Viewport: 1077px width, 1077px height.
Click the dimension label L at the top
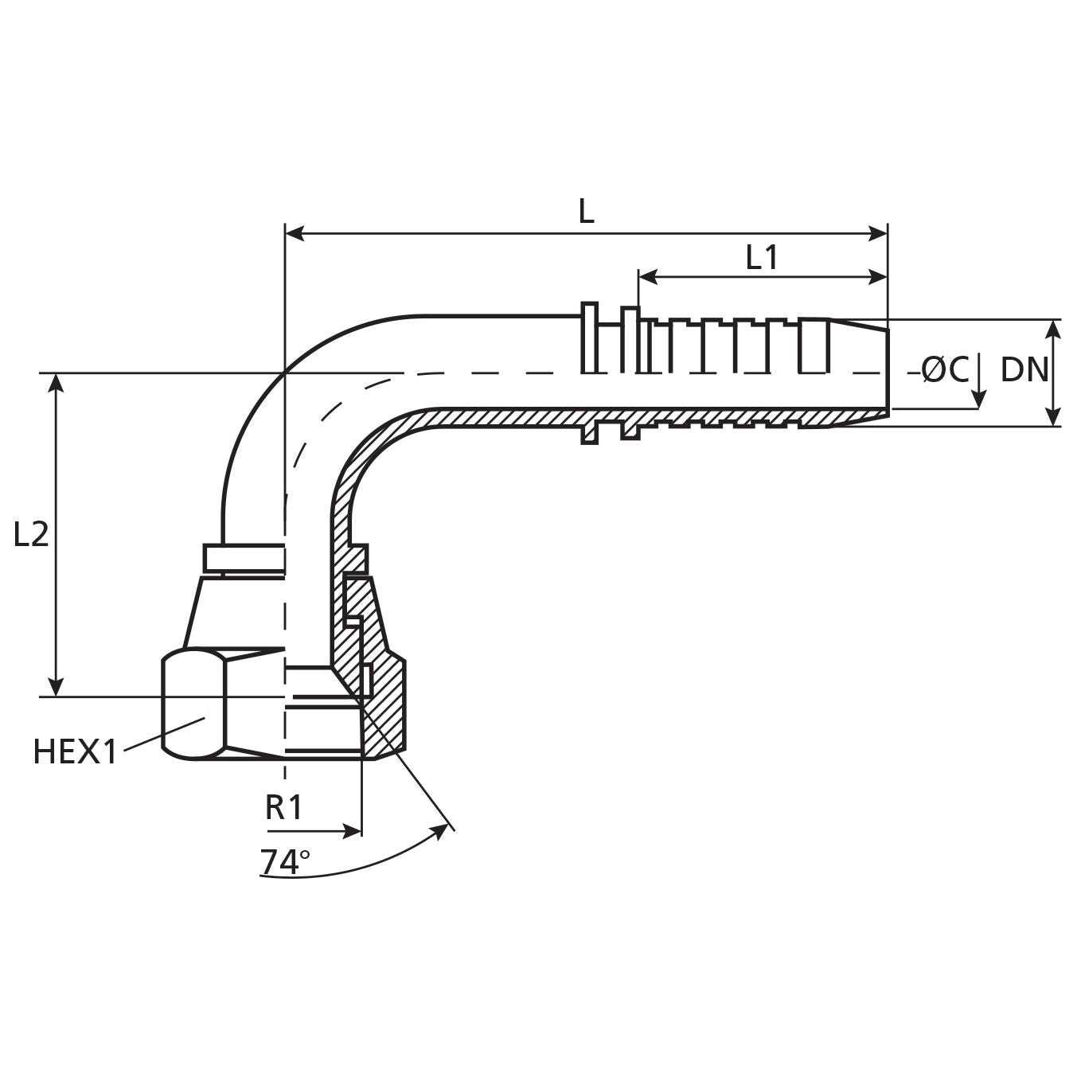586,212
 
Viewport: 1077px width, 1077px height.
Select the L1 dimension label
761,257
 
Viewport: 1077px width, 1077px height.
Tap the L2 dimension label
31,534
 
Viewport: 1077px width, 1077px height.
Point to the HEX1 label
75,751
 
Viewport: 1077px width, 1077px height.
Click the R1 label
283,807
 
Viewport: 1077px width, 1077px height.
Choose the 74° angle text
284,862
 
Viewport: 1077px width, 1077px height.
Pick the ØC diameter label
945,369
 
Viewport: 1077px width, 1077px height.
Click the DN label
1024,369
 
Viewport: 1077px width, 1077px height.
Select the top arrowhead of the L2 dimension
56,382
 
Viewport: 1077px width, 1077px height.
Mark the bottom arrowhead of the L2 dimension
56,687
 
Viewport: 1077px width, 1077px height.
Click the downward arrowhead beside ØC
979,399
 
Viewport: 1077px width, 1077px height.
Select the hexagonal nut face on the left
193,704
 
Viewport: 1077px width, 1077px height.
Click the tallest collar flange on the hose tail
590,338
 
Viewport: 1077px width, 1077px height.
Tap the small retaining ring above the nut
244,558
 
